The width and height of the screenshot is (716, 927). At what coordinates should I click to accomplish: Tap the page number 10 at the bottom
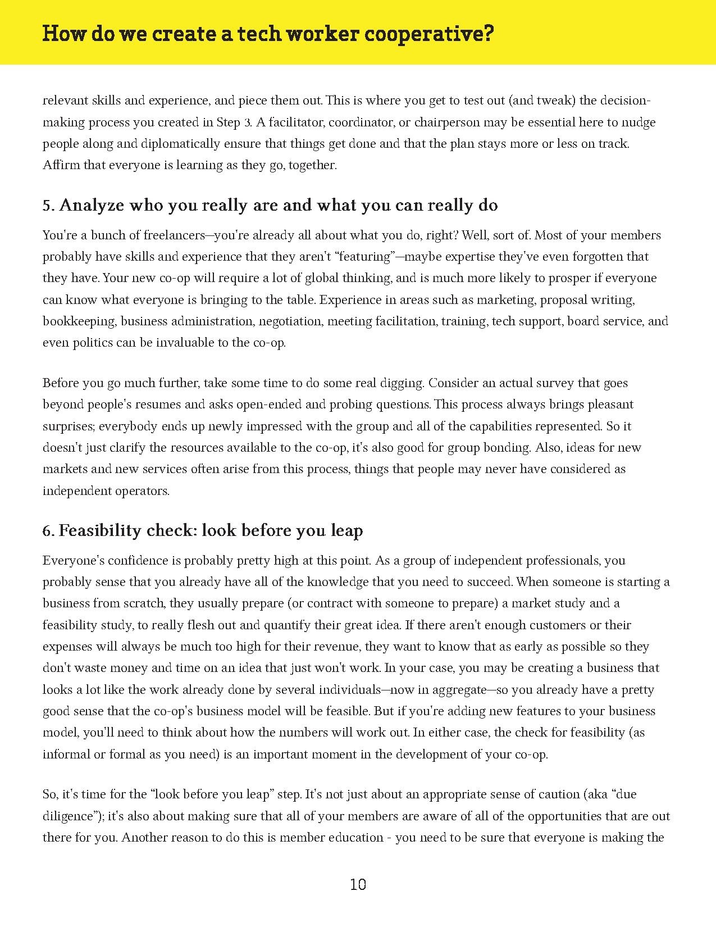(x=358, y=885)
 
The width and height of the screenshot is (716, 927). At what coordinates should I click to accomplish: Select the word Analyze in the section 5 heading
(x=92, y=206)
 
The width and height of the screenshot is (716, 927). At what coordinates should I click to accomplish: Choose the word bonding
(x=510, y=448)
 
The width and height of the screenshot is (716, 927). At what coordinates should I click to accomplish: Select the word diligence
(x=69, y=816)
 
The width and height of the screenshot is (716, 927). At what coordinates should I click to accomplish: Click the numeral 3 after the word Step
(x=248, y=122)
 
